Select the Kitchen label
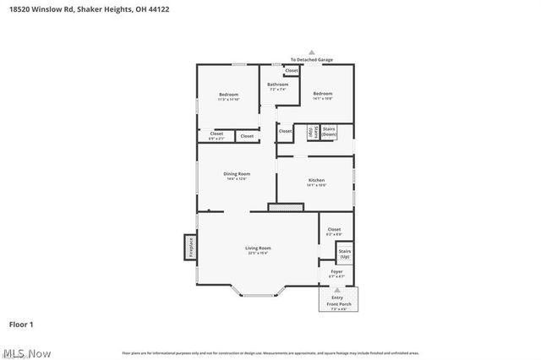coord(316,182)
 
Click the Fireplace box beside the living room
coord(191,247)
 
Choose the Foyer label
coord(336,273)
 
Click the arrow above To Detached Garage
coord(311,52)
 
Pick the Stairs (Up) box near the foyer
coord(344,253)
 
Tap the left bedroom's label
coord(228,95)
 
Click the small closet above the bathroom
coord(291,70)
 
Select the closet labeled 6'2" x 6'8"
coord(334,231)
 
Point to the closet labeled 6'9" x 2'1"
coord(216,135)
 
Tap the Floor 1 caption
coord(21,324)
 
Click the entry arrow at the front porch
coord(337,290)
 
